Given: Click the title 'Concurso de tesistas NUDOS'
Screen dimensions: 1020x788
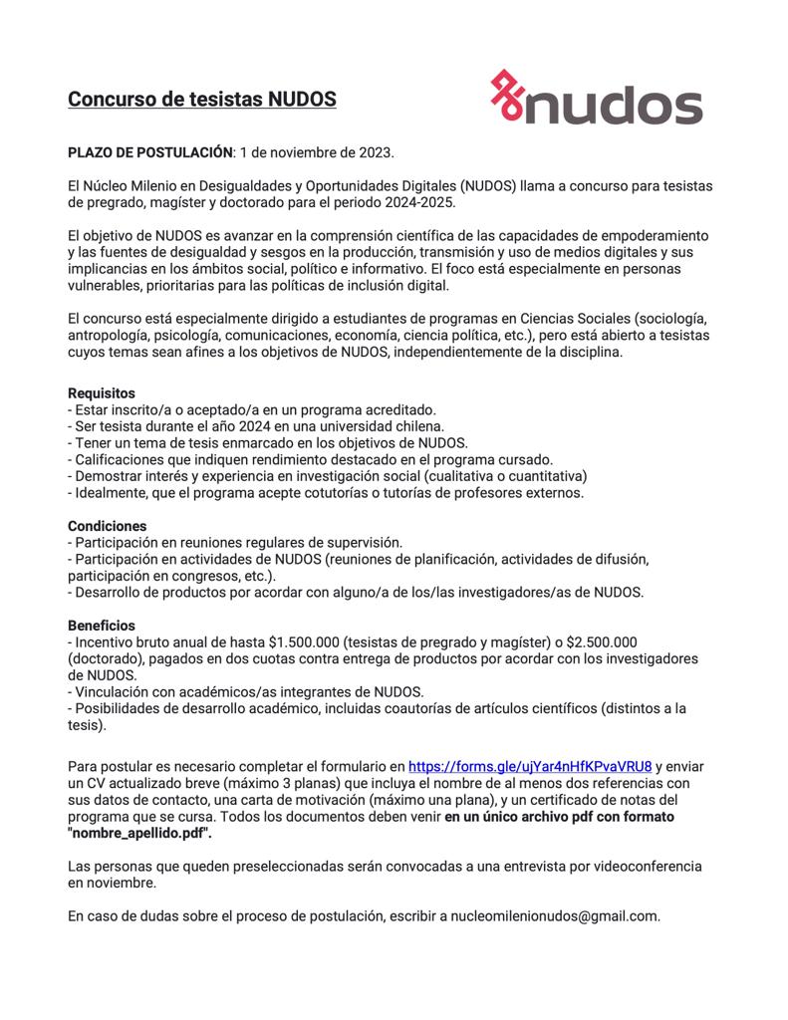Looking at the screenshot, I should (202, 100).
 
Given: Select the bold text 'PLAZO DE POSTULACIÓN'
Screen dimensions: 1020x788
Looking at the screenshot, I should (149, 152).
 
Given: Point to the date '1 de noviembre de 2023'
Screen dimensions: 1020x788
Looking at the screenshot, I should (317, 152).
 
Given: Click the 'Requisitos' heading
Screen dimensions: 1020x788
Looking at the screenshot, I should (101, 393).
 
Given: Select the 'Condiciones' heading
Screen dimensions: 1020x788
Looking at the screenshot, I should (107, 525).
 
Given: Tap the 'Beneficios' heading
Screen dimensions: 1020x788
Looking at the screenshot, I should (101, 625).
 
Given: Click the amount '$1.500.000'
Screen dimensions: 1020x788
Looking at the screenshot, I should (305, 641).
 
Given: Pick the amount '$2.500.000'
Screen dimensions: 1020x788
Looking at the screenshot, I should (601, 641).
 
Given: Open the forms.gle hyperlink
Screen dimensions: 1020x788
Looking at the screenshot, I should (530, 766).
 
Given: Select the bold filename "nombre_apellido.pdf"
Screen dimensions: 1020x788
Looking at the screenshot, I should (139, 833).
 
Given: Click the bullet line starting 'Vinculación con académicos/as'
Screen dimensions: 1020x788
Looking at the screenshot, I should (245, 691).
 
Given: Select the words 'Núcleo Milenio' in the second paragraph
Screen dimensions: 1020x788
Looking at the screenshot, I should (133, 185).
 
